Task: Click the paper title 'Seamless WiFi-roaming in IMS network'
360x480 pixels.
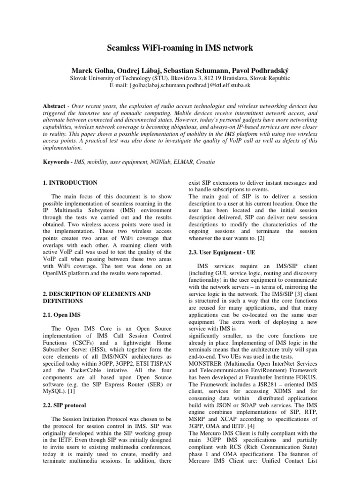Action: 180,47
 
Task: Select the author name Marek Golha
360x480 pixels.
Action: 89,69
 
